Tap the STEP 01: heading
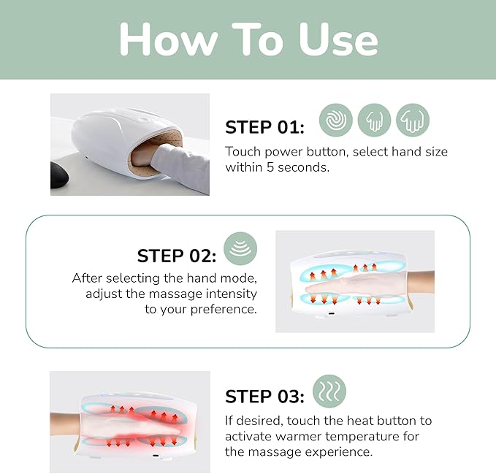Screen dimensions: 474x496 tap(264, 127)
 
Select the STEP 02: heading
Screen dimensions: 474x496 tap(177, 256)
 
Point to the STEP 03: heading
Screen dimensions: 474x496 tap(264, 397)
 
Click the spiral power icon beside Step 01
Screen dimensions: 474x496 tap(335, 120)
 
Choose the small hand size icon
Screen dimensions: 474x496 tap(374, 120)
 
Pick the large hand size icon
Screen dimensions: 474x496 tap(413, 120)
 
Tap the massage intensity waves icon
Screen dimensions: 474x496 tap(240, 249)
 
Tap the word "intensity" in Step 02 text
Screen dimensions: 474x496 tap(231, 294)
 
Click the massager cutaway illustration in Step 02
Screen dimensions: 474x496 tap(355, 282)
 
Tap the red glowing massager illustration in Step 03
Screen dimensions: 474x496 tap(130, 423)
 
